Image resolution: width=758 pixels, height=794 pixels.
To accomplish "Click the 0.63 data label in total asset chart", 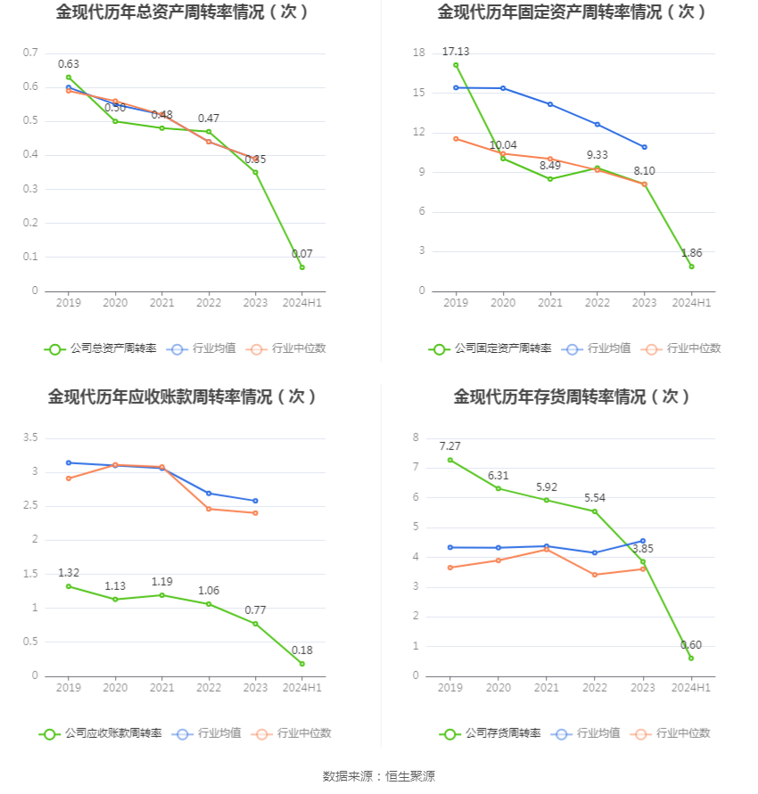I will click(69, 64).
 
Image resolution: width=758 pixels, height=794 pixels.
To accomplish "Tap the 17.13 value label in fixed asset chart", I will click(455, 52).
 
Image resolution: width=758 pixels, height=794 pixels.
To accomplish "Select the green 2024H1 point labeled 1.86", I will click(691, 266).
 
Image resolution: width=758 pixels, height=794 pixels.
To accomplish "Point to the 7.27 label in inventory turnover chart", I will click(449, 446).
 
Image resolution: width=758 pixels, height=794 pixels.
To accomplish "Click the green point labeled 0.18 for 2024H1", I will click(302, 664).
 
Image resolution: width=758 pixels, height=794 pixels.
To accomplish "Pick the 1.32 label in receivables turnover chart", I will click(69, 573).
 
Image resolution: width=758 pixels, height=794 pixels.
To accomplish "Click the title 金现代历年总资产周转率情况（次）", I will click(183, 12).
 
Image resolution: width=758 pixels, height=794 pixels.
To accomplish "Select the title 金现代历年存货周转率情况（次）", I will click(572, 397).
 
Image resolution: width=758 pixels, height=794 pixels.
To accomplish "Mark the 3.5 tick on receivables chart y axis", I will click(30, 438).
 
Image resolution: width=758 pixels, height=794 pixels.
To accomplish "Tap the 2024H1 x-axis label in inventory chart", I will click(691, 688).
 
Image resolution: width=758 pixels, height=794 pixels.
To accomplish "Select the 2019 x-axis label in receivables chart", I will click(69, 688).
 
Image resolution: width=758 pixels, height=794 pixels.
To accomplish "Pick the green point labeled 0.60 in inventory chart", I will click(691, 658).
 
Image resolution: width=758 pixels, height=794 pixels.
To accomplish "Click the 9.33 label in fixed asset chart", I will click(597, 155).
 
